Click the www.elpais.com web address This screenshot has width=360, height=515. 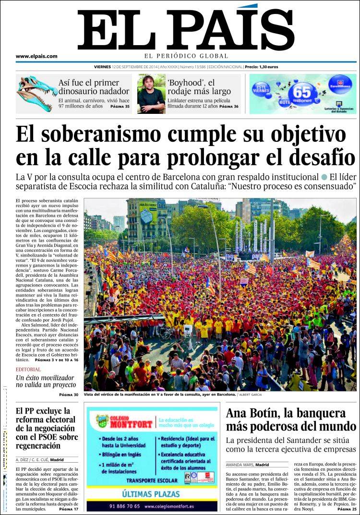[36, 56]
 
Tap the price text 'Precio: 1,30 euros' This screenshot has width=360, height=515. [261, 67]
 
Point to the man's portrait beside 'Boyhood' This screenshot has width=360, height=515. [151, 94]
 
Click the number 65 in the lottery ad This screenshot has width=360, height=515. [302, 90]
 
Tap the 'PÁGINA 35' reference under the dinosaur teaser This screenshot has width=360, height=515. [120, 106]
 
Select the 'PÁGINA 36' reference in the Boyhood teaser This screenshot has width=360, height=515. [228, 106]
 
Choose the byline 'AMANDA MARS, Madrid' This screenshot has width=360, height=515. [247, 465]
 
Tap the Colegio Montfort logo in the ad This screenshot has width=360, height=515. [124, 421]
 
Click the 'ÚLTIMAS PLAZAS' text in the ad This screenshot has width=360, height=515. [151, 493]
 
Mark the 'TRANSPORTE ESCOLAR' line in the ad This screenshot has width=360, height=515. [151, 479]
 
